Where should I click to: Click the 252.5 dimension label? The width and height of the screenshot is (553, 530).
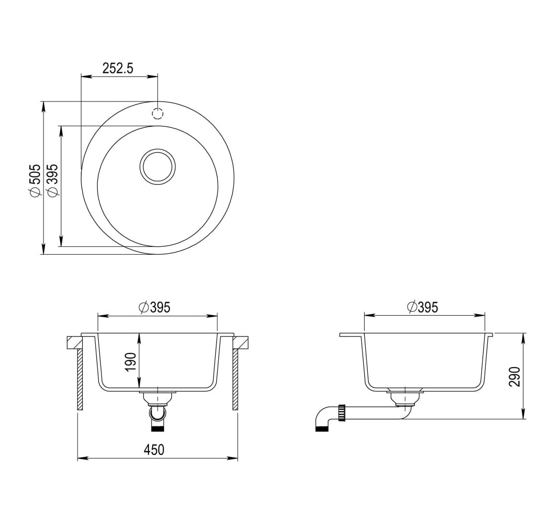pyautogui.click(x=118, y=68)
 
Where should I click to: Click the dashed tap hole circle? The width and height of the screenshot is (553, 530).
pyautogui.click(x=157, y=113)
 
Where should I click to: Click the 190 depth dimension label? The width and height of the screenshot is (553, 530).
pyautogui.click(x=130, y=362)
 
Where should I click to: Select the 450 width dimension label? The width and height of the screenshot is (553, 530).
pyautogui.click(x=154, y=450)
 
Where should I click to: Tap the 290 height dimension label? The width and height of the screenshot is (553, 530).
pyautogui.click(x=515, y=376)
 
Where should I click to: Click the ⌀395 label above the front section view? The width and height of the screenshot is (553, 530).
pyautogui.click(x=155, y=307)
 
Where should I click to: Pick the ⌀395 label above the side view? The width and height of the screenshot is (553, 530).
pyautogui.click(x=422, y=307)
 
